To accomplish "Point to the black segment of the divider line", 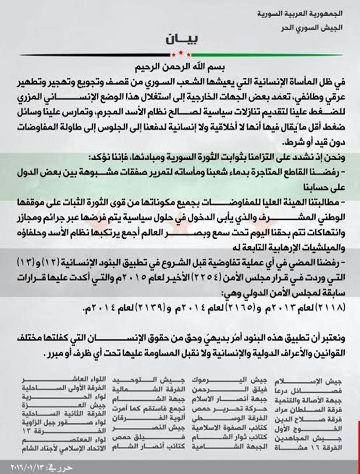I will coord(94,55).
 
